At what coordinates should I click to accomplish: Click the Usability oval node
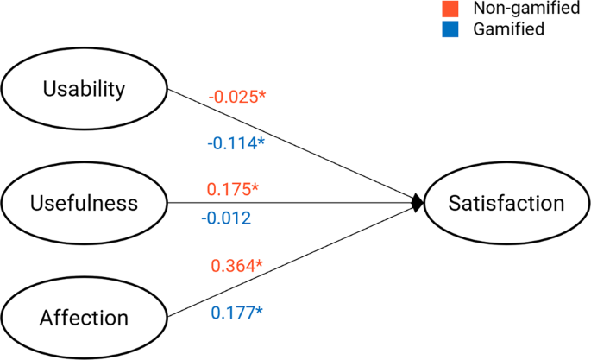coord(84,89)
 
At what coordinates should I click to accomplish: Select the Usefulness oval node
coord(84,203)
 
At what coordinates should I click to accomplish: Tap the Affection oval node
coord(84,317)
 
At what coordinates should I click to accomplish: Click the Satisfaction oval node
coord(506,203)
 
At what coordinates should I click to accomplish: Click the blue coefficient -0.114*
coord(235,143)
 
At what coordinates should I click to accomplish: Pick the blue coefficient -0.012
coord(226,218)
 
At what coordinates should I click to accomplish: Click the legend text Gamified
coord(509,29)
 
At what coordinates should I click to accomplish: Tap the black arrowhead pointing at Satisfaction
coord(418,203)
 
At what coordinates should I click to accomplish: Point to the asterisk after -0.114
coord(260,142)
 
